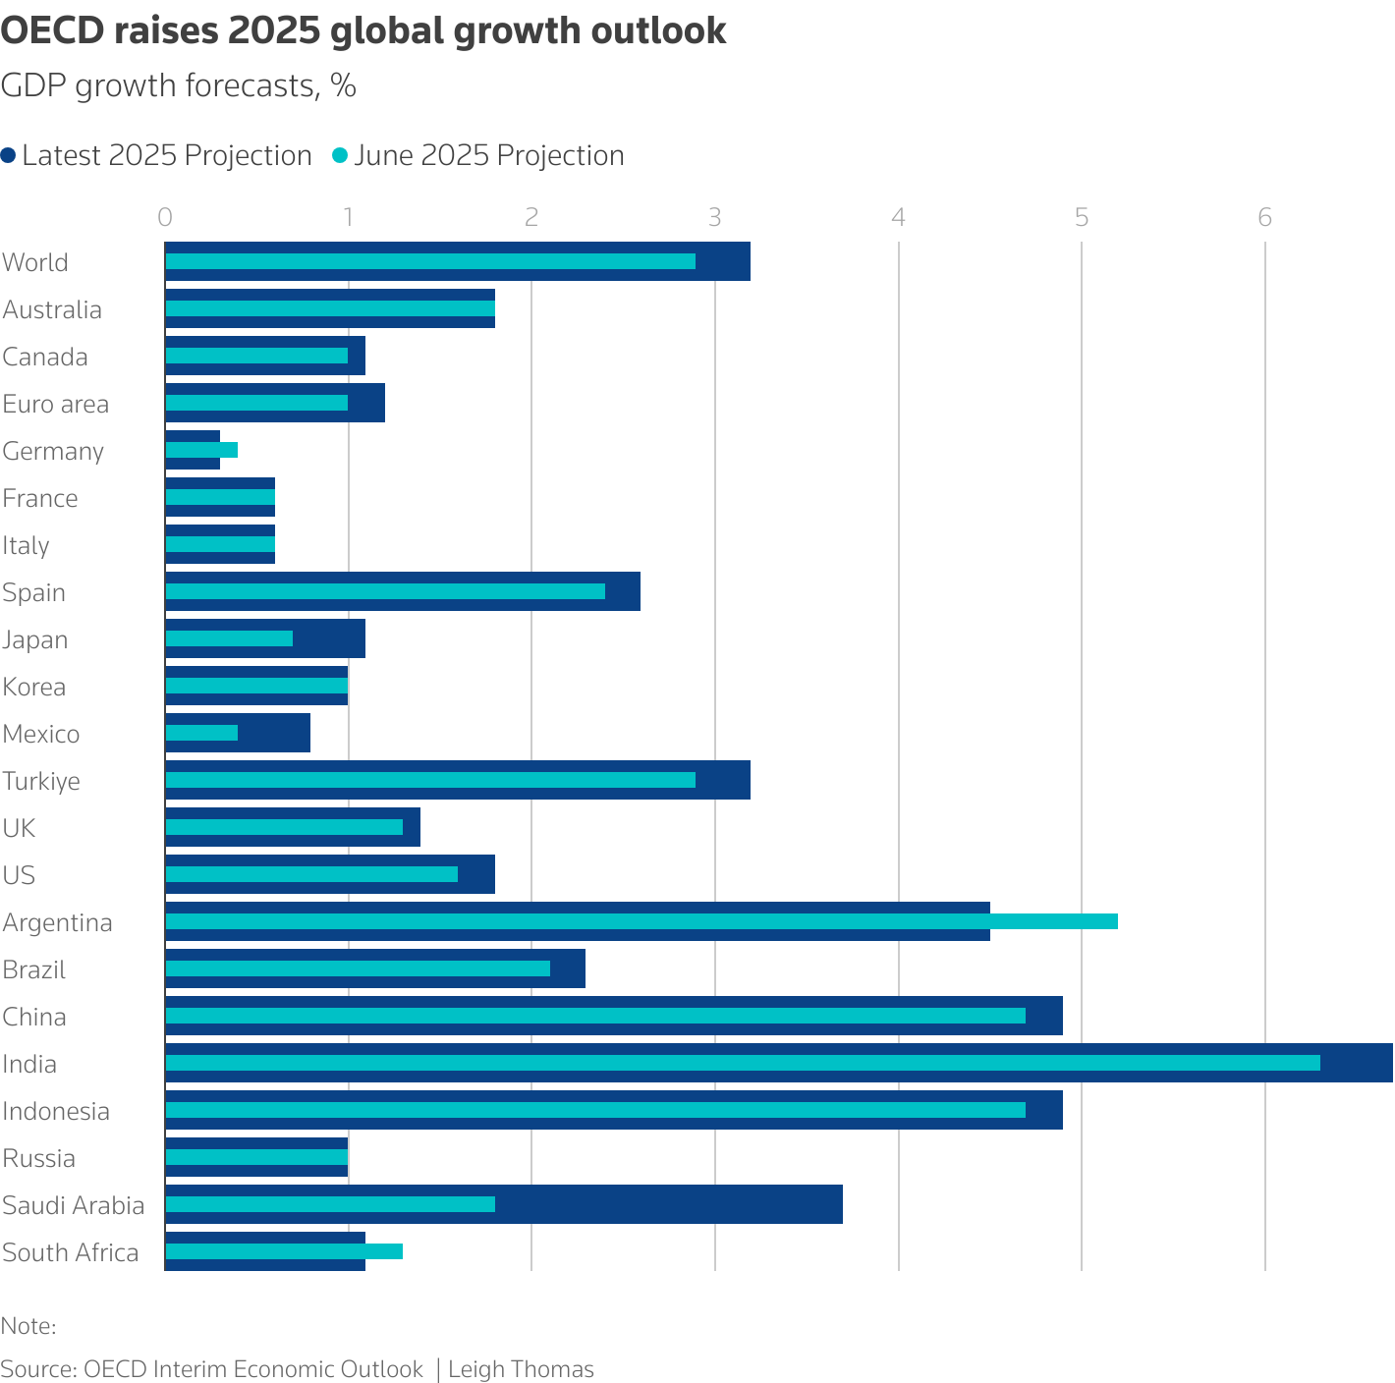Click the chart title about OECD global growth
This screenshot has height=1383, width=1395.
click(363, 31)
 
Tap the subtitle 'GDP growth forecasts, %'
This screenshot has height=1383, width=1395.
click(178, 86)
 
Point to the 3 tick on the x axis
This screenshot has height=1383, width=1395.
click(715, 217)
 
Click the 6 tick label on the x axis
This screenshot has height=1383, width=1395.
click(1265, 217)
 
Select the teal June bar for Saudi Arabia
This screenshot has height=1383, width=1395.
click(330, 1204)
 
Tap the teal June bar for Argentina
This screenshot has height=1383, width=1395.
click(642, 921)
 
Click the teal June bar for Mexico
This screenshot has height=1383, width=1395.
click(201, 733)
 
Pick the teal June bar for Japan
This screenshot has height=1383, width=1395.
click(229, 638)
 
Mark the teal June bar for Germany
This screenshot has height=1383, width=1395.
click(201, 450)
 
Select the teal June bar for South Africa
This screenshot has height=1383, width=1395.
click(284, 1251)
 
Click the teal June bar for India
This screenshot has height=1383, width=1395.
click(743, 1063)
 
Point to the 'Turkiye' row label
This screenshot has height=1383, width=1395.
click(41, 781)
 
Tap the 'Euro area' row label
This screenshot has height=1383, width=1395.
click(56, 404)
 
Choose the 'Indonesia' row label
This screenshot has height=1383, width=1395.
click(56, 1111)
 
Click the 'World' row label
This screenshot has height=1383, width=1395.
click(35, 262)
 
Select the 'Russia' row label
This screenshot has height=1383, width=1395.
click(39, 1158)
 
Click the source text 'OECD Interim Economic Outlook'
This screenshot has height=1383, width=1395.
click(253, 1369)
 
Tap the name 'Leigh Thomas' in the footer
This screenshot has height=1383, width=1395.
click(521, 1369)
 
